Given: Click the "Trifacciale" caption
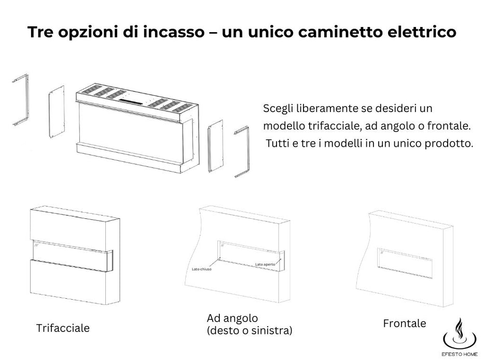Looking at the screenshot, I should pos(63,328).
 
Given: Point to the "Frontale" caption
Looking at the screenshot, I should pos(404,323).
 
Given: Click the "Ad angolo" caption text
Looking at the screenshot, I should pos(232,318).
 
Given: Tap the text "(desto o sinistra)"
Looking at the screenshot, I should pos(249,330).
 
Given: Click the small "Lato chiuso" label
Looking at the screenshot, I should pos(202,269).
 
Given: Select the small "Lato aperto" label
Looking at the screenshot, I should pos(265,264).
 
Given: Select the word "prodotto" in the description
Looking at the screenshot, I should pos(453,143).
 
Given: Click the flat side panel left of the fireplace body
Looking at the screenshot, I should pos(56,114).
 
